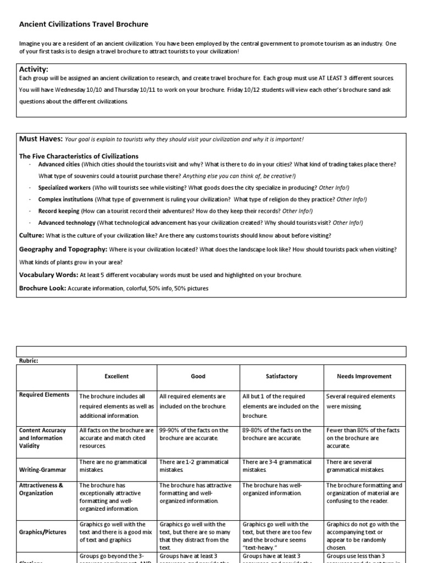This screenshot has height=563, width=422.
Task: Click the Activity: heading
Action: [x=34, y=69]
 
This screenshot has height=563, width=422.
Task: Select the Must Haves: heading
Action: [x=41, y=139]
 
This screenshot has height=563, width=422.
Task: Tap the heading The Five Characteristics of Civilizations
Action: [x=79, y=156]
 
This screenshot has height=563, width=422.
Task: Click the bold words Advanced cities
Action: [x=59, y=164]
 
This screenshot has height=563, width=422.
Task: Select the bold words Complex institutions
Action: [x=65, y=199]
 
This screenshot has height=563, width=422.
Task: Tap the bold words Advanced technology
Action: [x=66, y=223]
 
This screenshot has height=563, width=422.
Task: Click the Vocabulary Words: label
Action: [x=48, y=274]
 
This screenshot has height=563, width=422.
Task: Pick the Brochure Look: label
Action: [x=42, y=288]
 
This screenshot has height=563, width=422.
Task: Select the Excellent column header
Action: [x=116, y=377]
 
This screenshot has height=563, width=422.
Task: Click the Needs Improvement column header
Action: [x=364, y=377]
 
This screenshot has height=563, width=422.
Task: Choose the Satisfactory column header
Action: [x=281, y=377]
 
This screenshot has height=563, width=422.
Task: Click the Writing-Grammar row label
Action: [x=43, y=470]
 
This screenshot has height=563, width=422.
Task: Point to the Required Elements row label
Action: [x=45, y=395]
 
